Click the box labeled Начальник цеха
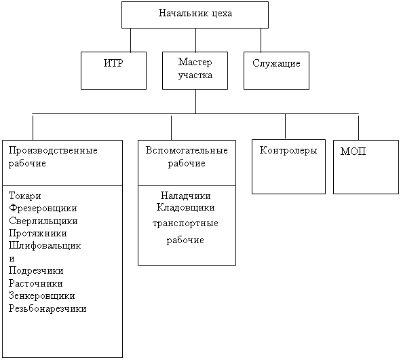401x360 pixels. [195, 15]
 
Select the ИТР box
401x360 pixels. [113, 71]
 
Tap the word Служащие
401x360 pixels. [276, 63]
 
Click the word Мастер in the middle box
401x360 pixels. [195, 62]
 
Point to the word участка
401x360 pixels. [195, 75]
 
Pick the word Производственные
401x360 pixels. [53, 150]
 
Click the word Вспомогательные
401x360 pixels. [187, 150]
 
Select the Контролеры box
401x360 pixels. [288, 166]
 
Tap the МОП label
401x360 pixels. [353, 151]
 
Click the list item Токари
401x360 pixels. [25, 196]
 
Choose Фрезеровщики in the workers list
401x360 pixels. [43, 208]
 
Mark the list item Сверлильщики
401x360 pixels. [43, 221]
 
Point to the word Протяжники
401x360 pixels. [37, 233]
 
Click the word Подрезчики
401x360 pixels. [36, 270]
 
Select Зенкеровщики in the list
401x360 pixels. [41, 295]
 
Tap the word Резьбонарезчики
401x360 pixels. [47, 308]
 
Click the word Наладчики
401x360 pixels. [185, 196]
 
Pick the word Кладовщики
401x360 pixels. [185, 207]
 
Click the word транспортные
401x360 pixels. [185, 223]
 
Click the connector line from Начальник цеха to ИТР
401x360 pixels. [131, 40]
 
